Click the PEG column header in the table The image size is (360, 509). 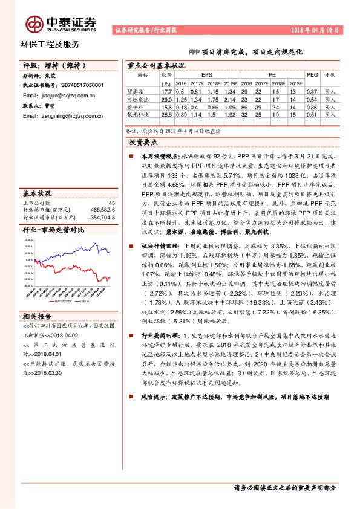click(312, 74)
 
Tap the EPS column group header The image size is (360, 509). click(207, 74)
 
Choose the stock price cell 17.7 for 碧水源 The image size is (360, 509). click(167, 91)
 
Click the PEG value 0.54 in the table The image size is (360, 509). click(312, 99)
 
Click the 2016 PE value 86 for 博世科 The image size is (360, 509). click(244, 106)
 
